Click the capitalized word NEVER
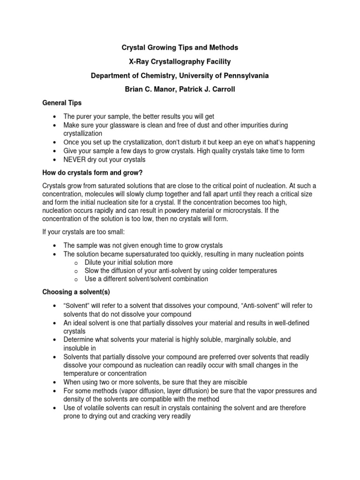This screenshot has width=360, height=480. click(74, 159)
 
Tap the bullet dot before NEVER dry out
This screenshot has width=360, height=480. click(55, 159)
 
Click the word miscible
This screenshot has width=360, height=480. click(234, 382)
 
